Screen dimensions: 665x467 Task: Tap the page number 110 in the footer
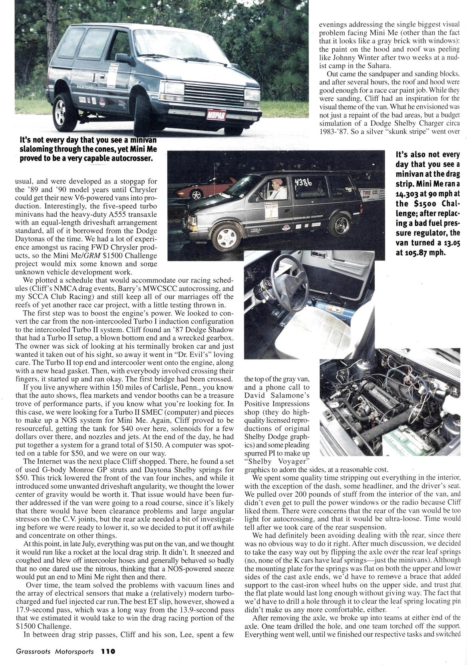pyautogui.click(x=108, y=651)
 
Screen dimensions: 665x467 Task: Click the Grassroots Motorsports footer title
pyautogui.click(x=55, y=651)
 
